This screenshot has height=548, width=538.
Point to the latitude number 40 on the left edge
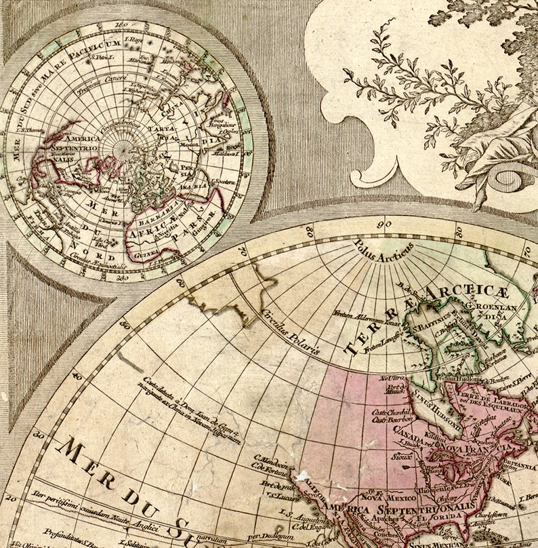click(77, 375)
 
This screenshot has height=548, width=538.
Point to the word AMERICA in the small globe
click(82, 139)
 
